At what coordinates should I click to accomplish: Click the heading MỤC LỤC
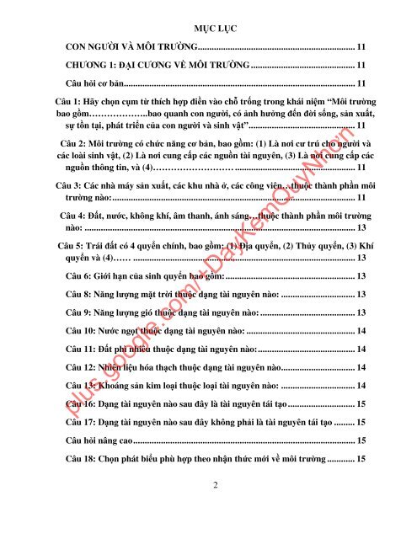click(208, 26)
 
